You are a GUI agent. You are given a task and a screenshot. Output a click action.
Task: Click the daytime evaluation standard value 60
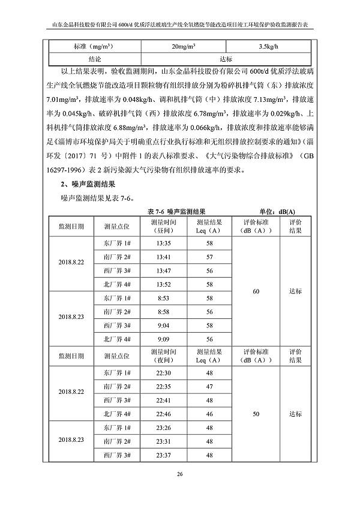[x=256, y=291]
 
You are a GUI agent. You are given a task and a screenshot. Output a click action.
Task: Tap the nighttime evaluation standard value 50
[x=256, y=414]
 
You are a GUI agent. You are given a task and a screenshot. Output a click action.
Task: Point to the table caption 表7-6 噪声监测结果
[x=176, y=212]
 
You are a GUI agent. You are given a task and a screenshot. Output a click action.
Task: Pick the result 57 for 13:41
[x=209, y=257]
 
